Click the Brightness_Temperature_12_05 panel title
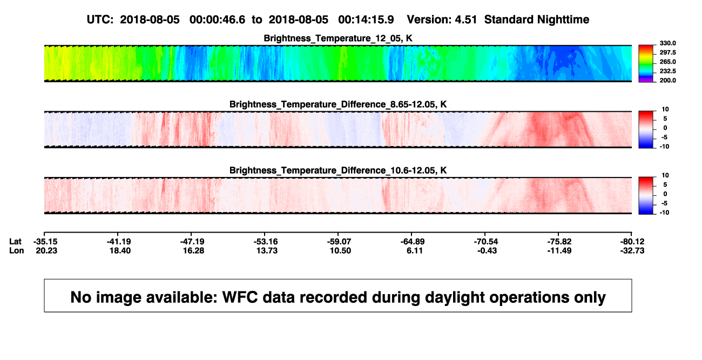click(338, 38)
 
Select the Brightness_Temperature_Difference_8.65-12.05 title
click(338, 104)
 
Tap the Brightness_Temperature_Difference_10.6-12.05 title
click(338, 171)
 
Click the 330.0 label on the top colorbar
click(667, 43)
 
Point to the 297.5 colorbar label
click(667, 52)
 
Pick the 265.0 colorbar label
click(667, 62)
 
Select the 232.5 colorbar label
click(667, 71)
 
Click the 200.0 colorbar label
click(667, 80)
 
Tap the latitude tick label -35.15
click(45, 242)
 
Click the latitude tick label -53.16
click(266, 242)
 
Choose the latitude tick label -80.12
click(632, 242)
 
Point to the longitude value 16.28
click(193, 250)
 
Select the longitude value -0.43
click(487, 250)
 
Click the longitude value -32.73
click(632, 250)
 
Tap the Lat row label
click(15, 242)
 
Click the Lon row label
click(17, 250)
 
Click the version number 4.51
click(466, 20)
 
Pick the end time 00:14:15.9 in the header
click(366, 20)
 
